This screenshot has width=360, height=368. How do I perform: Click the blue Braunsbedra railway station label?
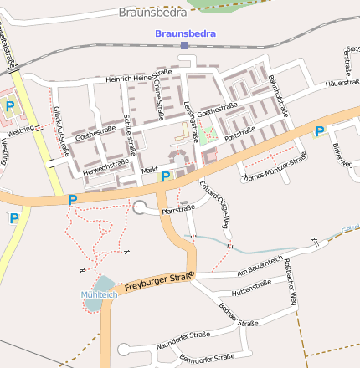point(185,33)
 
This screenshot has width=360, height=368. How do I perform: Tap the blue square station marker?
point(185,45)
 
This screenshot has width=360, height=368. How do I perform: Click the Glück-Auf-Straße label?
point(60,130)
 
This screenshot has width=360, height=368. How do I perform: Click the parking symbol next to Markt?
point(166,176)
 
